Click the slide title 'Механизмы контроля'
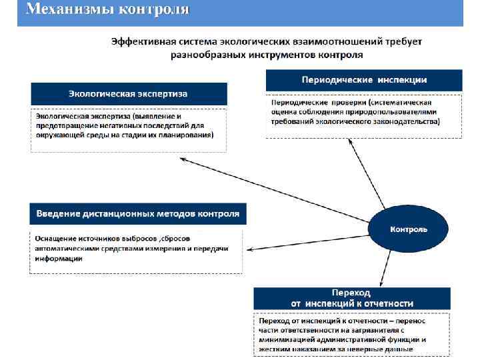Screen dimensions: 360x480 pyautogui.click(x=107, y=10)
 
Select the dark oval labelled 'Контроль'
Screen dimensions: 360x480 pyautogui.click(x=409, y=229)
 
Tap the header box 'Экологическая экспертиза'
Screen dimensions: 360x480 pyautogui.click(x=128, y=93)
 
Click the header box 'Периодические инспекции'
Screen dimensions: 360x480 pyautogui.click(x=364, y=80)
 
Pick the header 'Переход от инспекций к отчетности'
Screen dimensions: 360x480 pyautogui.click(x=352, y=297)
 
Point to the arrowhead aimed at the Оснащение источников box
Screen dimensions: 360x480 pyautogui.click(x=248, y=250)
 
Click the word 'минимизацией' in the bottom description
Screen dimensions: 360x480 pyautogui.click(x=287, y=339)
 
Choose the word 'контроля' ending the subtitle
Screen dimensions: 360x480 pyautogui.click(x=341, y=55)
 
